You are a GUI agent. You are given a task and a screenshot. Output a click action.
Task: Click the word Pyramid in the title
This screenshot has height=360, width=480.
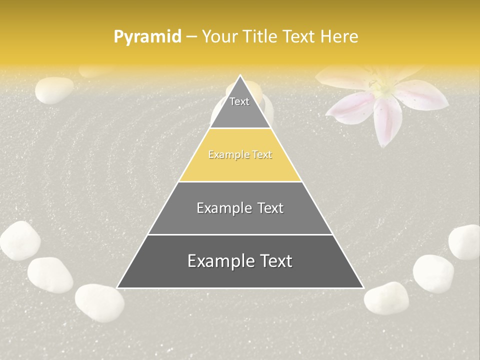tap(147, 37)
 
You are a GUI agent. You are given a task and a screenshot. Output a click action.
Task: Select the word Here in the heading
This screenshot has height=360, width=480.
tap(339, 36)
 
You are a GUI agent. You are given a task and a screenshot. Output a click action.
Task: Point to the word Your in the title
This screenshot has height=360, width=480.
tap(219, 36)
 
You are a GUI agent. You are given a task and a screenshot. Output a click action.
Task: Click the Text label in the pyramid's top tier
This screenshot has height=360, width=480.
tap(239, 101)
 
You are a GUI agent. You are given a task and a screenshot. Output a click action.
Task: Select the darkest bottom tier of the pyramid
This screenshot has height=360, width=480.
tap(240, 272)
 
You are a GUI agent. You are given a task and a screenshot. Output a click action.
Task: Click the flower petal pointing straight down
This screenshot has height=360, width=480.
tap(386, 122)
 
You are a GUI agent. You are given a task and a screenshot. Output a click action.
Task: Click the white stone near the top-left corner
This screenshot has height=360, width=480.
tap(54, 90)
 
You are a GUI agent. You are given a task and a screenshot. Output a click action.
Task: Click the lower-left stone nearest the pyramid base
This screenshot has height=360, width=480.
tap(99, 302)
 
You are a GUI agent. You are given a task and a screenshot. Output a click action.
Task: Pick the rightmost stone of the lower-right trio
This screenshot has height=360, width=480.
tap(464, 242)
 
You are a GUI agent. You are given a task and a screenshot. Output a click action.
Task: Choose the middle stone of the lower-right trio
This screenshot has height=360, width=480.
tap(433, 273)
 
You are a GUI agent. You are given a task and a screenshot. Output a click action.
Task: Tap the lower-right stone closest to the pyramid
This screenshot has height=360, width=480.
tap(386, 298)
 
